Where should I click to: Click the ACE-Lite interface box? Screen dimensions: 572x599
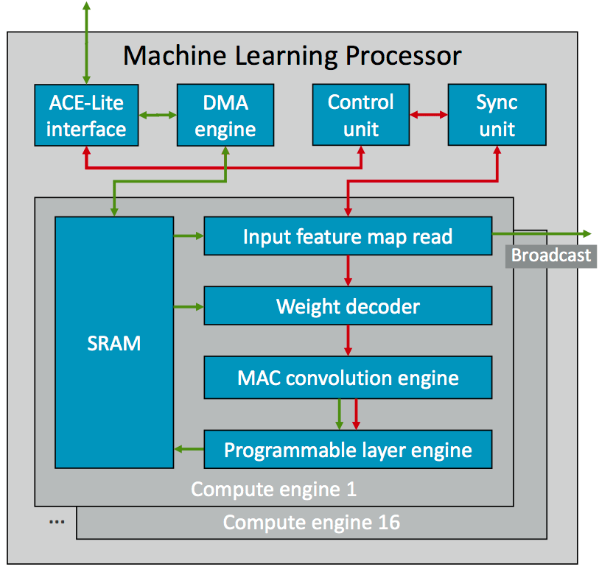point(86,115)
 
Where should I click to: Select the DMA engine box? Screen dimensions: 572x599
point(225,115)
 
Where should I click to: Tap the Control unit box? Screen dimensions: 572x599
point(360,115)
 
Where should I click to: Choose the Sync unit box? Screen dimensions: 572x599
point(497,115)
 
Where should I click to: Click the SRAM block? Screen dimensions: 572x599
point(114,342)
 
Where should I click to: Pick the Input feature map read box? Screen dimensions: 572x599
point(347,236)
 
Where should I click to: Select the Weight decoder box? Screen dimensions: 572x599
point(347,306)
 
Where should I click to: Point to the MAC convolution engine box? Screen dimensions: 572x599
point(347,378)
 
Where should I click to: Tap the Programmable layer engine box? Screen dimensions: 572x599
point(347,449)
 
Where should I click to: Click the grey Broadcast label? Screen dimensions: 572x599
point(551,255)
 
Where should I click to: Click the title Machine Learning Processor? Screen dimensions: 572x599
point(292,55)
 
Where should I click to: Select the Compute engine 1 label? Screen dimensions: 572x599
point(273,489)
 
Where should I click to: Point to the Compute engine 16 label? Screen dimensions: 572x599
point(311,523)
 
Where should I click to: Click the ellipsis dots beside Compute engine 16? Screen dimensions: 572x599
point(57,521)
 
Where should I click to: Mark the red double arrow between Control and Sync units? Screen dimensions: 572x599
point(429,115)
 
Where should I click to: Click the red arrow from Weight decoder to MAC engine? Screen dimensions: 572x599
point(347,340)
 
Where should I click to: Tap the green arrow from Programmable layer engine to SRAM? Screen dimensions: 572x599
point(189,449)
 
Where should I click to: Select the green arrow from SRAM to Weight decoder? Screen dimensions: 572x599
point(189,306)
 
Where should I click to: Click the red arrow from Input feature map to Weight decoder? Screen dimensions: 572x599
point(347,271)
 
